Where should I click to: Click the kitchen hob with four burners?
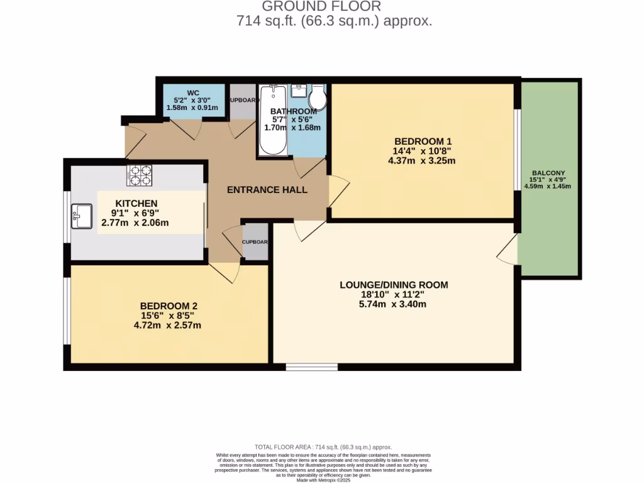(x=140, y=175)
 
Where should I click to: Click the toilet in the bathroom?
(x=318, y=98)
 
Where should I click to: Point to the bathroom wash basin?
(x=299, y=92)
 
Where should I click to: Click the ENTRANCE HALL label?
(x=267, y=189)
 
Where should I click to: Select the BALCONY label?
(x=548, y=173)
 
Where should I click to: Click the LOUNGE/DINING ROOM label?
(x=394, y=285)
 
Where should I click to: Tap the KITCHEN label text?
(x=136, y=203)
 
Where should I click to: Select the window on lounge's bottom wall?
(x=311, y=367)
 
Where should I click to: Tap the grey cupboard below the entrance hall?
(x=255, y=242)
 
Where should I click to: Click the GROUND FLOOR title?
(x=321, y=7)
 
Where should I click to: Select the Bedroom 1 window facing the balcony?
(x=516, y=148)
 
